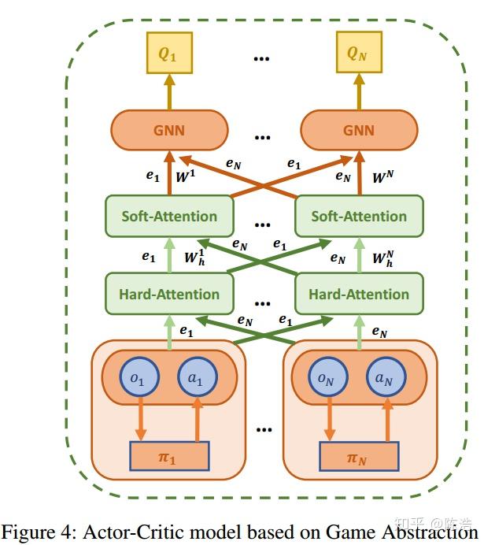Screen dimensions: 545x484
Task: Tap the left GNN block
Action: click(x=169, y=130)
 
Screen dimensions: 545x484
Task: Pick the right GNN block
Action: click(x=359, y=130)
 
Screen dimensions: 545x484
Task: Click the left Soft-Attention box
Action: click(x=169, y=216)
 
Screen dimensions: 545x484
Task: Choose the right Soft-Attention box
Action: click(x=359, y=216)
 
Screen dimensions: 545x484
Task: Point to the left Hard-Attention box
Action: click(x=169, y=295)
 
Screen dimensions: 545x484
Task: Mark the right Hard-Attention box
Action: click(x=359, y=295)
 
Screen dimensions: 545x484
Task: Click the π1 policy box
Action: click(x=169, y=457)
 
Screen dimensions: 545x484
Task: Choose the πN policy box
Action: click(x=359, y=457)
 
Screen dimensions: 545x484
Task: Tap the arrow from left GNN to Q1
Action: click(x=169, y=93)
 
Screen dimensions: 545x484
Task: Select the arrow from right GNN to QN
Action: click(x=359, y=93)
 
